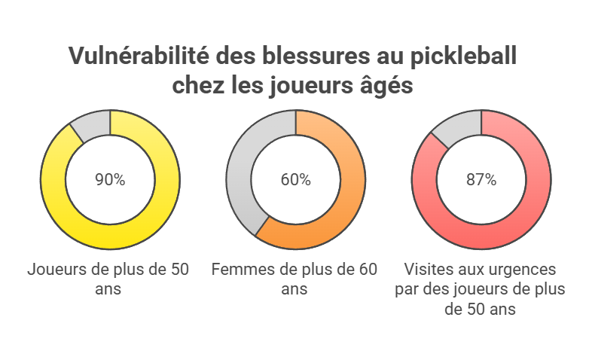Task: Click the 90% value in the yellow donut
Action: pos(110,180)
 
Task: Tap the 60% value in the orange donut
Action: pos(295,180)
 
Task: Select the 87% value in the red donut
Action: pos(481,180)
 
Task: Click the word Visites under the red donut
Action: pos(429,269)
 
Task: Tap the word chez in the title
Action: pos(195,85)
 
